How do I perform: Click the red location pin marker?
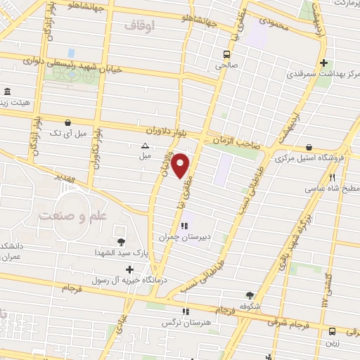pos(181,165)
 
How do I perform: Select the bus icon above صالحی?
pos(227,54)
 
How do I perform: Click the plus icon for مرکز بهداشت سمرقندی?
pos(323,61)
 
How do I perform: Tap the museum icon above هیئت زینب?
pos(7,92)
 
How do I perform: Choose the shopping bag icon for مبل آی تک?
pos(68,122)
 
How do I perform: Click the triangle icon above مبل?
pos(145,146)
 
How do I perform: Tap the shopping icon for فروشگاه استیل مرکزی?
pos(309,147)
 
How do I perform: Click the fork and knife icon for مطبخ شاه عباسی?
pos(333,177)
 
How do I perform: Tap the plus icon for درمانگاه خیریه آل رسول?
pos(129,269)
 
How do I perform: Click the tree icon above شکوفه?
pos(250,295)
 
